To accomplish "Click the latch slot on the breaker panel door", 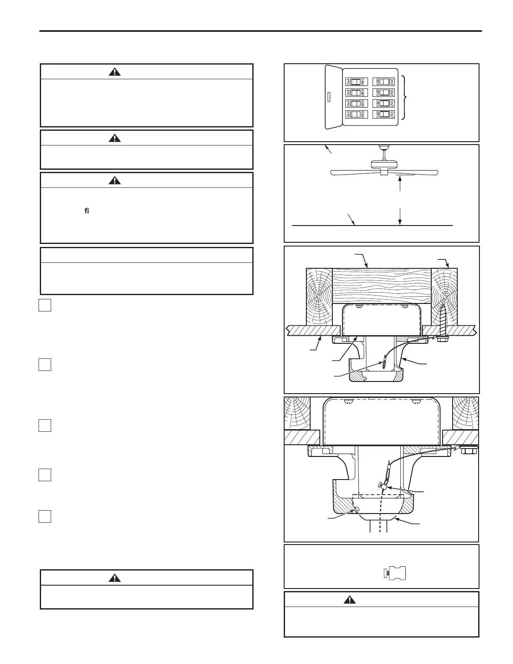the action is coord(328,98).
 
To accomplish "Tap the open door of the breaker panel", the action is coord(333,97).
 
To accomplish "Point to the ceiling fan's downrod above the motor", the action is coord(383,153).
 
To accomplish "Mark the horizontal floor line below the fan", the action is coord(372,226).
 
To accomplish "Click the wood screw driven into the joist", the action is coord(443,323).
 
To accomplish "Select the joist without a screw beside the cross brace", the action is coord(319,298).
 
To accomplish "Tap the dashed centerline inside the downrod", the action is coord(381,520).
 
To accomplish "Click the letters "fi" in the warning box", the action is coord(87,211).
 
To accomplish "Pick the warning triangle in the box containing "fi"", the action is coord(114,181).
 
